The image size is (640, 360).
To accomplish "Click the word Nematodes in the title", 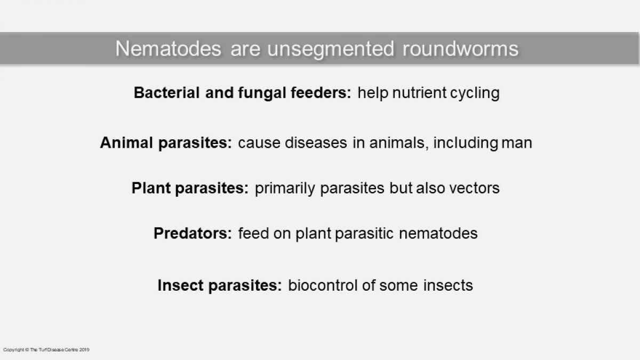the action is (x=169, y=49).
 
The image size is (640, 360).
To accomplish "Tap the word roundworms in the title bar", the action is (x=461, y=49).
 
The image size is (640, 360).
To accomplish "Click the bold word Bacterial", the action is (x=166, y=93).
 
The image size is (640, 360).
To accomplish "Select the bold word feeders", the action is (x=321, y=93).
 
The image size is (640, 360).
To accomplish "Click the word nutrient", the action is (x=419, y=93).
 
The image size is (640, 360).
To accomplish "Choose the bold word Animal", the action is (x=126, y=142).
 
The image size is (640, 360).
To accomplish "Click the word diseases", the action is (x=316, y=142).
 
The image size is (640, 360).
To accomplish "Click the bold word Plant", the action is (x=151, y=188).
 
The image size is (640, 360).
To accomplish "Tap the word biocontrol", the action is (x=323, y=285).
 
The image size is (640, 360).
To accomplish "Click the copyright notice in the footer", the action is (x=46, y=350).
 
